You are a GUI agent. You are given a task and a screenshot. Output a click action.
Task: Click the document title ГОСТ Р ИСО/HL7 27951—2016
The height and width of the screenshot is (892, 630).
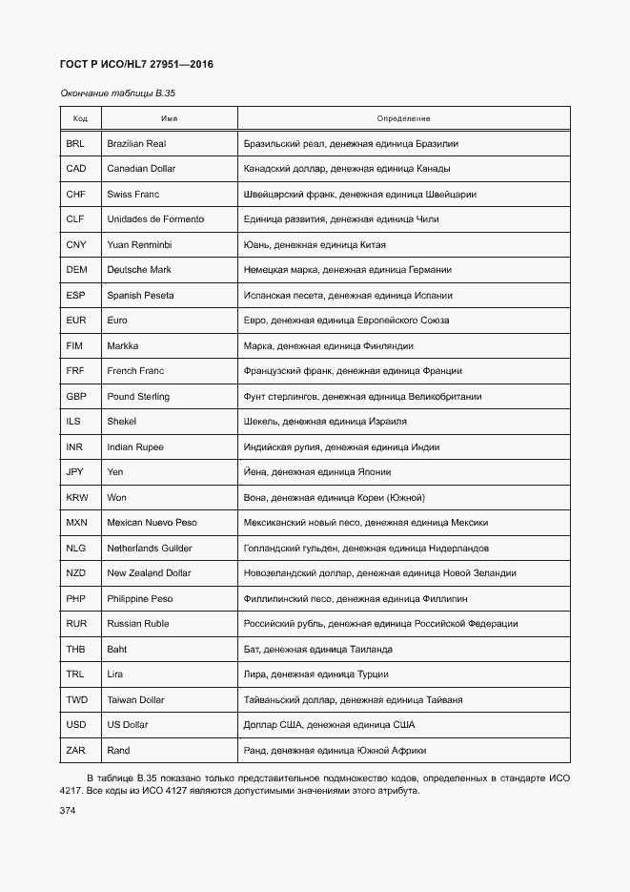(x=136, y=64)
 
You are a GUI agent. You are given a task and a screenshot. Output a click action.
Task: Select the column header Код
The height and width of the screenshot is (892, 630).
(x=80, y=118)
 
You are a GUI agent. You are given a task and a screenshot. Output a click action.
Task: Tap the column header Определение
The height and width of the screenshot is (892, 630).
(x=403, y=118)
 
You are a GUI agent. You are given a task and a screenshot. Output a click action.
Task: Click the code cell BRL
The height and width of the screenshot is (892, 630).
(x=75, y=143)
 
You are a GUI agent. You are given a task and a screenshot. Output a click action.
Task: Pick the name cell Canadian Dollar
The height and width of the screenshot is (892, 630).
(x=141, y=169)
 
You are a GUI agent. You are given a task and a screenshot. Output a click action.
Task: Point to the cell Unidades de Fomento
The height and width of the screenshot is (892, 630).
(x=155, y=219)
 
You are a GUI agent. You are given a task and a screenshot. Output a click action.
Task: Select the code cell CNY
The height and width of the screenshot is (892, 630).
(x=76, y=245)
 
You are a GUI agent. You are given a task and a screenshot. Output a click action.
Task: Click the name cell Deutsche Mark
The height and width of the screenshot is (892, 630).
(x=139, y=270)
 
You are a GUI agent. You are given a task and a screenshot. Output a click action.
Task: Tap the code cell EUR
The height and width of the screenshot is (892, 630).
(x=76, y=321)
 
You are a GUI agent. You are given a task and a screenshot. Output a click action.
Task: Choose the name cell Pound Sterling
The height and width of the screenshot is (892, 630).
(x=138, y=396)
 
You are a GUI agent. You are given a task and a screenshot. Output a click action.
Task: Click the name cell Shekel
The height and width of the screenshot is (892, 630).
(x=122, y=422)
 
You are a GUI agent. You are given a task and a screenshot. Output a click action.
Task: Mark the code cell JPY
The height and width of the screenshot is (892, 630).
(x=75, y=472)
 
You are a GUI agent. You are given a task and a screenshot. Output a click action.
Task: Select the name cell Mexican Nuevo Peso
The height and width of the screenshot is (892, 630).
(x=152, y=523)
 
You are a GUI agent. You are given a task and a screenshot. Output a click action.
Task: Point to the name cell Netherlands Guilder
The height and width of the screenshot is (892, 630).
(x=150, y=548)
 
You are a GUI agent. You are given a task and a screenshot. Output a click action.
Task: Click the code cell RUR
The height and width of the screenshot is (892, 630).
(x=76, y=624)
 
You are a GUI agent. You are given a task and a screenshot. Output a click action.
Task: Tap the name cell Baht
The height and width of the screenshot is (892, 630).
(x=116, y=649)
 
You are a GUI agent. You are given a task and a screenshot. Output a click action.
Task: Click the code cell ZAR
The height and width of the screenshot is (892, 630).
(x=76, y=750)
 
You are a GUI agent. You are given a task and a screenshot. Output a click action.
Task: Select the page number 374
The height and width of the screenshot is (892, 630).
(x=68, y=810)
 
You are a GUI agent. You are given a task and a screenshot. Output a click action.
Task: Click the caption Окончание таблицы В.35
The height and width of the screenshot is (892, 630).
(x=119, y=93)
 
